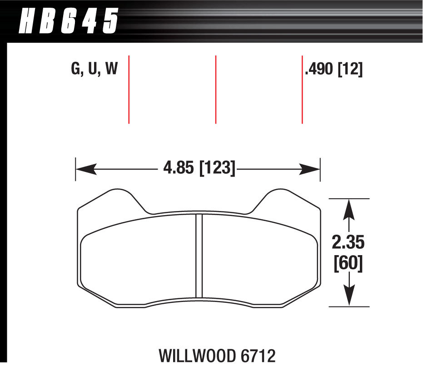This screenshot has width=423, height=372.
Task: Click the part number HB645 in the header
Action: [x=68, y=21]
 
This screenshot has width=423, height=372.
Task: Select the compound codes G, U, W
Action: [x=95, y=69]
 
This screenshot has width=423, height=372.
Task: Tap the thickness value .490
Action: [x=319, y=70]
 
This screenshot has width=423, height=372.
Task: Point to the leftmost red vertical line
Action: [x=129, y=89]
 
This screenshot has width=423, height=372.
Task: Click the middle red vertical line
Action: [x=215, y=89]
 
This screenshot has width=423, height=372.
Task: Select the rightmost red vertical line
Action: [x=302, y=89]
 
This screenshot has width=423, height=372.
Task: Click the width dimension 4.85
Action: [x=178, y=169]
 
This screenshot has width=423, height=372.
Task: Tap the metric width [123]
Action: [x=217, y=169]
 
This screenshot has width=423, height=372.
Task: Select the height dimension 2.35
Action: [x=348, y=243]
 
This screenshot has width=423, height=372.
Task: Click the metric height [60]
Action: [x=348, y=264]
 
